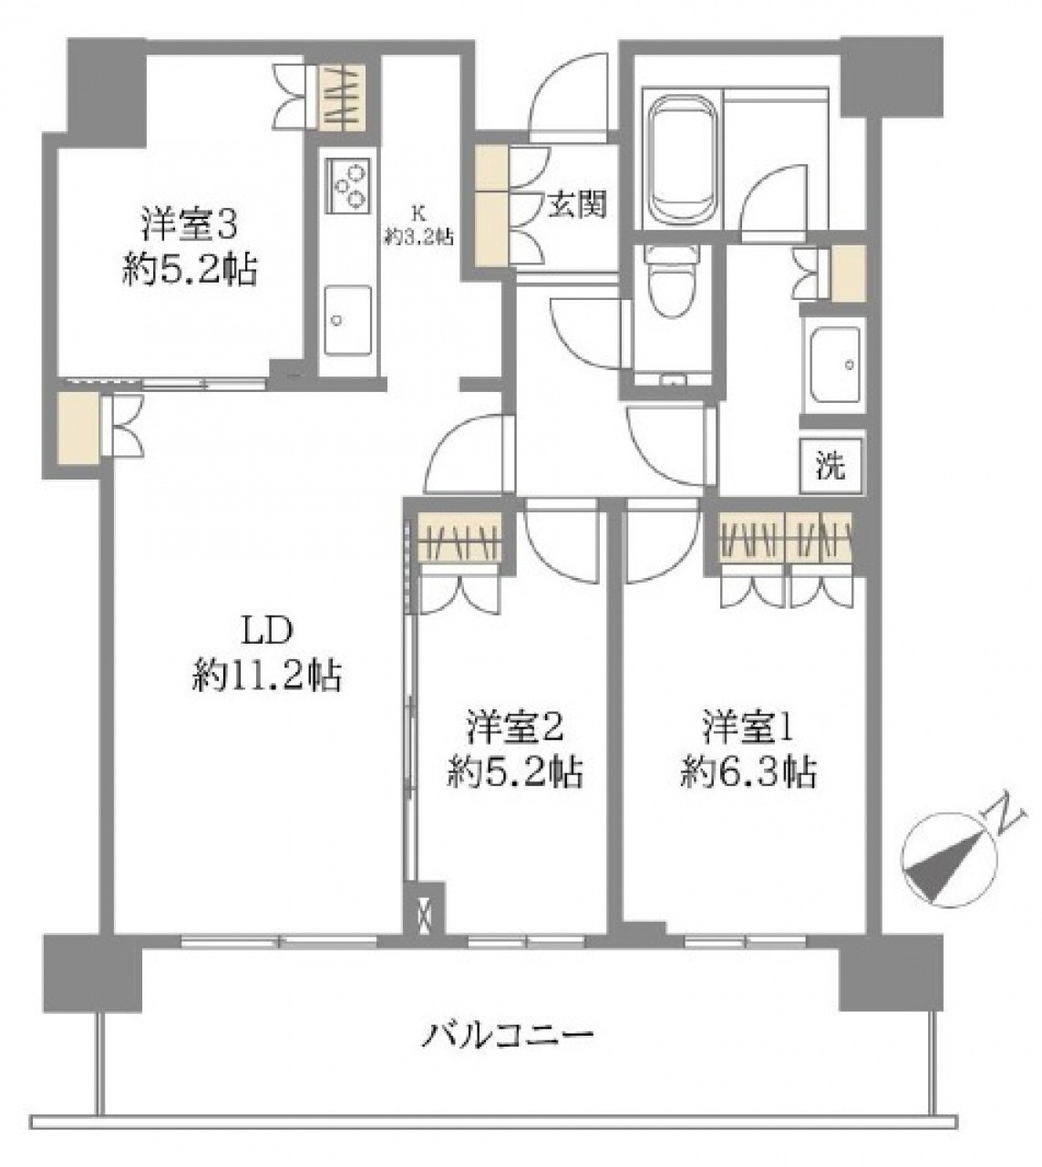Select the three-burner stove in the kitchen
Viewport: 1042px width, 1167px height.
(347, 185)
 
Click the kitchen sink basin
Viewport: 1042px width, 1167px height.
(347, 320)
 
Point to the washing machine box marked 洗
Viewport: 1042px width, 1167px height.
(831, 465)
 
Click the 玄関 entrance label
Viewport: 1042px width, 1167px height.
(576, 204)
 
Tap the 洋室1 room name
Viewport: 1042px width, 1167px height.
(748, 729)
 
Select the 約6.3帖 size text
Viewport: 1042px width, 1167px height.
(748, 773)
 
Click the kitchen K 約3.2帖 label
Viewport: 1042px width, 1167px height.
(418, 225)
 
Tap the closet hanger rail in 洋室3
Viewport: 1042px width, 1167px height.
(343, 98)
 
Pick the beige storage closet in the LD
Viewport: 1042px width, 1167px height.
(78, 428)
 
